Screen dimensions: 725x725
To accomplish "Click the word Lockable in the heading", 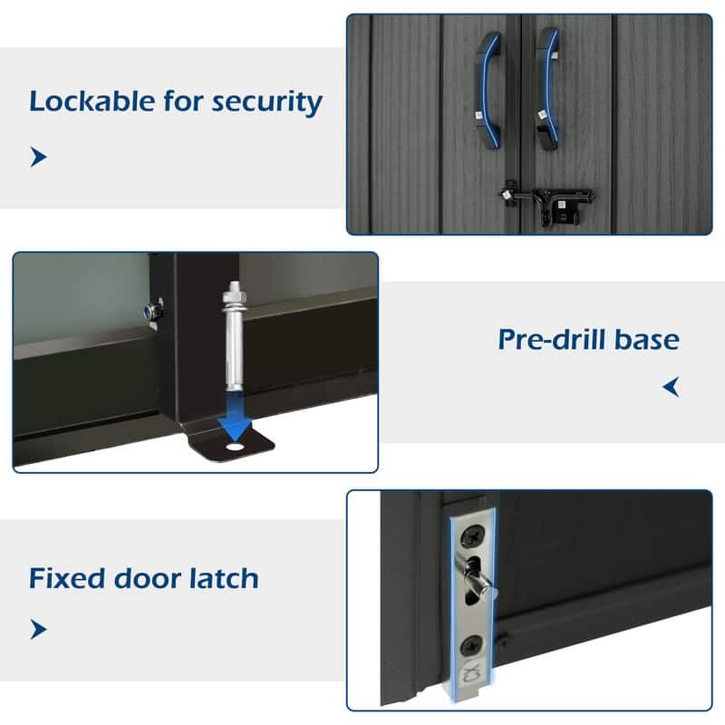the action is [92, 101].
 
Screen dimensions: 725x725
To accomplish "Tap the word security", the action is [267, 102].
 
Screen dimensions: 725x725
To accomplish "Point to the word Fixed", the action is [67, 578].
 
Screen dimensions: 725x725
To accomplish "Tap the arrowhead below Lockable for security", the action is [38, 157].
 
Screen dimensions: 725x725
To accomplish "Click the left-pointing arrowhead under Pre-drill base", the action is [671, 387].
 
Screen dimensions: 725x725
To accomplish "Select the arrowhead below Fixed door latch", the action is [38, 629].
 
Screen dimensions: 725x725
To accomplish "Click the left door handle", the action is [488, 90].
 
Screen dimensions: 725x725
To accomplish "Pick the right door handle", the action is [548, 89].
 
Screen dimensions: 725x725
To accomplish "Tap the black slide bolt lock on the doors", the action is [547, 204].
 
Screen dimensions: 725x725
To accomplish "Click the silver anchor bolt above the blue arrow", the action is [234, 334].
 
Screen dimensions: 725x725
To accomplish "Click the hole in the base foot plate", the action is [235, 447].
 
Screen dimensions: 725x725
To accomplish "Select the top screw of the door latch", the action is [471, 536].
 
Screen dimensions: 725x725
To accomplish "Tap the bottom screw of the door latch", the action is [471, 644].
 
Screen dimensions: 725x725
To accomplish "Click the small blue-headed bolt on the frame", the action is [150, 312].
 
